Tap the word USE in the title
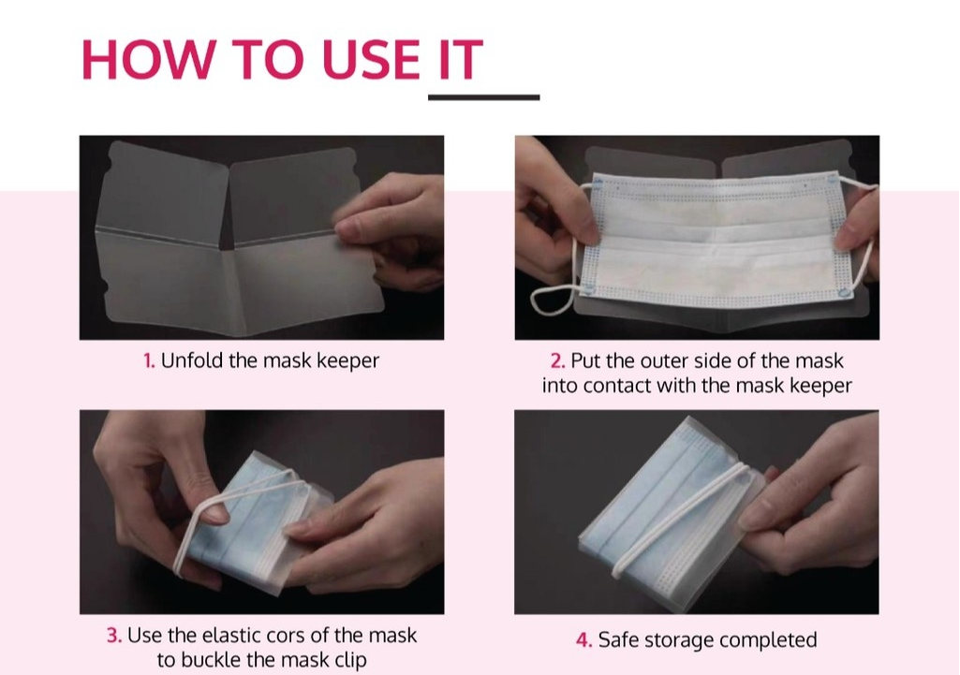(x=371, y=59)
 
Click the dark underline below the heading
(x=483, y=96)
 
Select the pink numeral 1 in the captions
(x=149, y=361)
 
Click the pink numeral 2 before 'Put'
(x=558, y=361)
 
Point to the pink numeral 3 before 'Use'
(x=114, y=636)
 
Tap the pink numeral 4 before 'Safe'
(x=584, y=640)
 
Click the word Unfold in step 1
(x=192, y=360)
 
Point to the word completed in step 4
(x=768, y=640)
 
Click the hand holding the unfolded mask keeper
(x=397, y=229)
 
